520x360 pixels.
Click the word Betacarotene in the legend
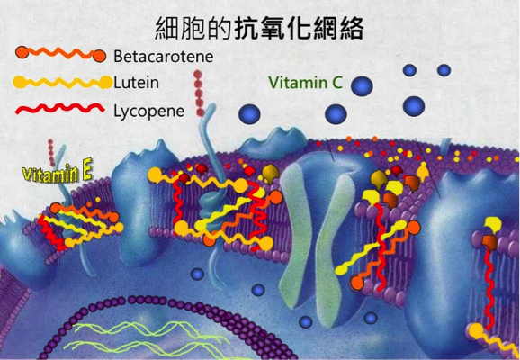tap(163, 57)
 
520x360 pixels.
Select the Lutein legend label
tap(136, 83)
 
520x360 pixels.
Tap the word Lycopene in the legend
tap(149, 112)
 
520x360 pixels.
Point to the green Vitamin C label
tap(305, 82)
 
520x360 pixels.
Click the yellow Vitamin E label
tap(57, 173)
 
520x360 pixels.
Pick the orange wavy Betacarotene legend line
tap(60, 54)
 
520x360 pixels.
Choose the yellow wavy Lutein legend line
tap(62, 82)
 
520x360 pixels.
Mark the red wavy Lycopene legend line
tap(59, 109)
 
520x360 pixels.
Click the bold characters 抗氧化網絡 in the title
tap(299, 29)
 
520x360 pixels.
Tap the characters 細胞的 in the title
tap(193, 29)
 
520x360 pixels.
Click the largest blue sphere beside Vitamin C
tap(362, 85)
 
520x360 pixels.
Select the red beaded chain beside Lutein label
tap(199, 94)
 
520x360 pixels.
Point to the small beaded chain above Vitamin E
tap(51, 153)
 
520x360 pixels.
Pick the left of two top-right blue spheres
tap(409, 70)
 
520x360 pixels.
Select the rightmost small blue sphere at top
tap(444, 70)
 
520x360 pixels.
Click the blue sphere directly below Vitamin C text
tap(336, 114)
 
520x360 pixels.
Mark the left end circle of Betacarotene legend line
tap(22, 52)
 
